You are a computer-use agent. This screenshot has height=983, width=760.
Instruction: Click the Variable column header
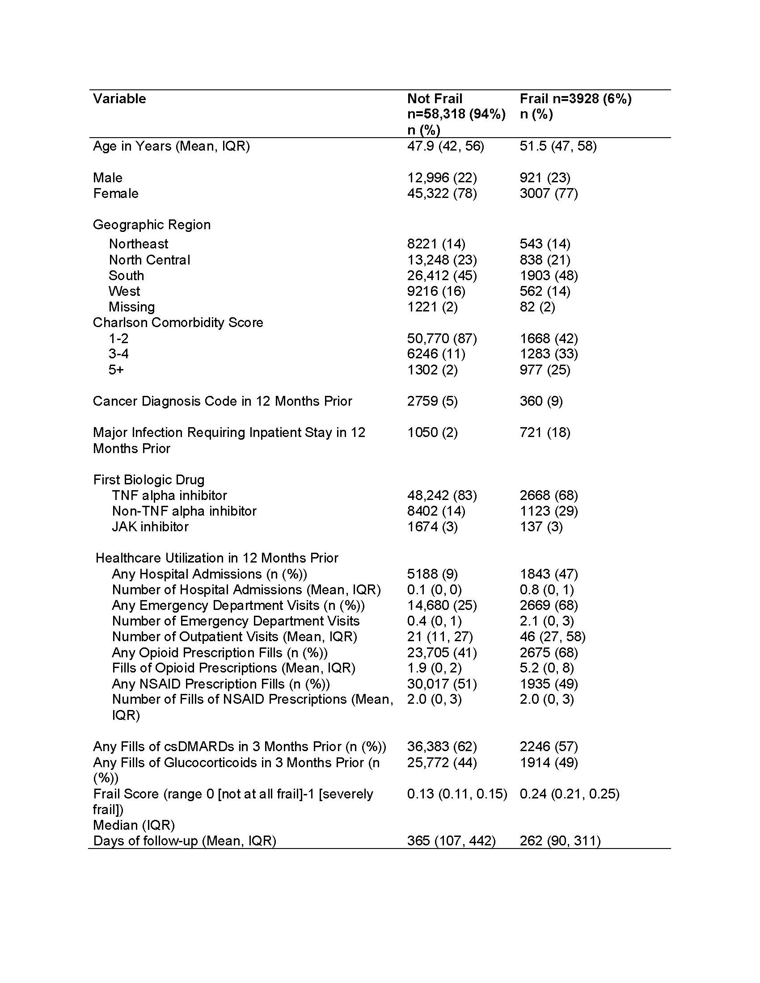(x=119, y=99)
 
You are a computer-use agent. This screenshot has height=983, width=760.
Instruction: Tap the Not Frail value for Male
(x=442, y=177)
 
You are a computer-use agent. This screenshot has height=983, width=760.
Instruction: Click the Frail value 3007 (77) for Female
(x=549, y=193)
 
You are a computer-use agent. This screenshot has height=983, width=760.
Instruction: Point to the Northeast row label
(x=138, y=244)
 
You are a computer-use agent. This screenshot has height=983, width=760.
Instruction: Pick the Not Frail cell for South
(x=442, y=275)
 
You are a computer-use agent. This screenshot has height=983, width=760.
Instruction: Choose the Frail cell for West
(x=545, y=291)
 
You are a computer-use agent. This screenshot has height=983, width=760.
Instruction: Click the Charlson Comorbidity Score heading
(x=178, y=322)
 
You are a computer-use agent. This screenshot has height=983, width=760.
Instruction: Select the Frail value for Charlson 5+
(x=545, y=370)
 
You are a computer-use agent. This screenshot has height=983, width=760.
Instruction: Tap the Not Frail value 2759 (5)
(x=432, y=401)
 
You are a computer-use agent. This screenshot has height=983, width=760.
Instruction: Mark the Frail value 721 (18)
(x=545, y=432)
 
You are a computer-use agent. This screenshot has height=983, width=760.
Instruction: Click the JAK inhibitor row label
(x=150, y=526)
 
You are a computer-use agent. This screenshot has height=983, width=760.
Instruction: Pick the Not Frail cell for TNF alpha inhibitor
(x=442, y=495)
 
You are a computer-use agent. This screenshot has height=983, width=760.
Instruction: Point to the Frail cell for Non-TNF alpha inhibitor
(x=549, y=511)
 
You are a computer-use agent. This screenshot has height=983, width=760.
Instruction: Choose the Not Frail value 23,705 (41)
(x=442, y=652)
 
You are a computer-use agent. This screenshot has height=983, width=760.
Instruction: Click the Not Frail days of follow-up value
(x=451, y=840)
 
